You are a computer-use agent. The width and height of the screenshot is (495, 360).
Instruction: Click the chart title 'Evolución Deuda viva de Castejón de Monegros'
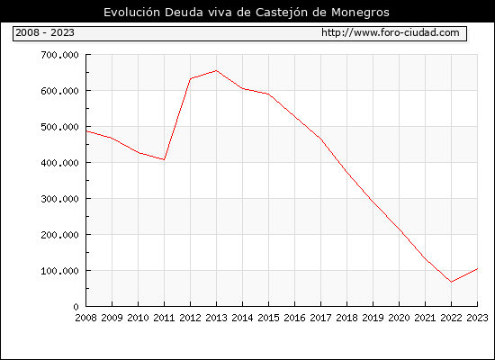247,13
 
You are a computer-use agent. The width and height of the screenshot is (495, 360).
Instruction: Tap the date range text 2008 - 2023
45,32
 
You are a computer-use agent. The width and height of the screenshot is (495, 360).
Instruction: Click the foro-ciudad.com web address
391,32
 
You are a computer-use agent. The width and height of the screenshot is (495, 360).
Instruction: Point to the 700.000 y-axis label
59,55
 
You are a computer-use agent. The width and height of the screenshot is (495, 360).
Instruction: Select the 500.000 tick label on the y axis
59,127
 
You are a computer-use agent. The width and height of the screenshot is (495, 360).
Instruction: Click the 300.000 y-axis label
59,199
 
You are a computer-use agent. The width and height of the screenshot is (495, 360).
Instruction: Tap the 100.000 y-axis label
59,271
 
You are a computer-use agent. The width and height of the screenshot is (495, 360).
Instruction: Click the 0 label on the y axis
76,307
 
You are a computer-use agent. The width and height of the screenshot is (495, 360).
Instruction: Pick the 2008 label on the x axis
85,318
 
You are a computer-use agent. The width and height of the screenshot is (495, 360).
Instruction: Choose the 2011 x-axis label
164,318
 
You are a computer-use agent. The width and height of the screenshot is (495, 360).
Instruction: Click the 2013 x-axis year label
216,318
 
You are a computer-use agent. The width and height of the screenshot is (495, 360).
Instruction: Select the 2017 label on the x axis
320,318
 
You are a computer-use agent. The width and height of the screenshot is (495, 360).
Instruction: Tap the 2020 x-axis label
399,318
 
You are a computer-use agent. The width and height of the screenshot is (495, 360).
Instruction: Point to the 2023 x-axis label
477,318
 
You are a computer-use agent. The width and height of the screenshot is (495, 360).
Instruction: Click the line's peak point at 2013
216,70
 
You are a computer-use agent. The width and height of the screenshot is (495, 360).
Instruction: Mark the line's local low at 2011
164,160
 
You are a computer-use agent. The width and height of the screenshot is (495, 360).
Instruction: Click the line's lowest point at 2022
451,282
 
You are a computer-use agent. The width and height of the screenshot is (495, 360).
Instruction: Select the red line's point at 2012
191,78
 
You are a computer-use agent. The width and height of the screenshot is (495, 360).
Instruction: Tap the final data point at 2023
477,268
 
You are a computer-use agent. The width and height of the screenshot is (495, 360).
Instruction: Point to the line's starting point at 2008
86,131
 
